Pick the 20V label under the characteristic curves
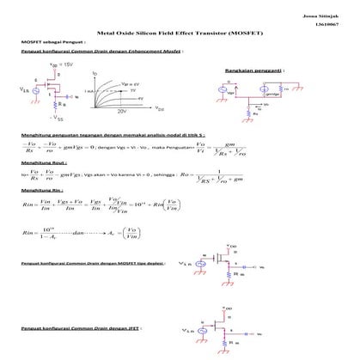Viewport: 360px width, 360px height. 121,112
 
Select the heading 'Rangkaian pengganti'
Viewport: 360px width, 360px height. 249,69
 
